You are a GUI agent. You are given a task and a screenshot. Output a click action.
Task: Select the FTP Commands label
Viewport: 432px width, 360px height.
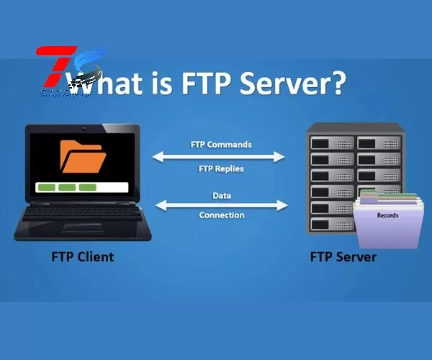(220, 144)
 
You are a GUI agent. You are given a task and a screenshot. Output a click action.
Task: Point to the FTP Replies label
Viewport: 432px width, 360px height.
(220, 168)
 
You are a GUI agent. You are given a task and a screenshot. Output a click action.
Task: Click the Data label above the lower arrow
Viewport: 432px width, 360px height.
(221, 195)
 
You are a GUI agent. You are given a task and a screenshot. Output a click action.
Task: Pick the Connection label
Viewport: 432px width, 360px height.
(221, 215)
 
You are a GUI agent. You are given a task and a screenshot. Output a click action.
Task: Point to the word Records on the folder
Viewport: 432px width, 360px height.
(387, 215)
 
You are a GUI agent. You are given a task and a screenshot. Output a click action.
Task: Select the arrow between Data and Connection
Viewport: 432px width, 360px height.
(221, 205)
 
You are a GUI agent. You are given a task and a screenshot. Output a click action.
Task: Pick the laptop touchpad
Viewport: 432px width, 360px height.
(81, 230)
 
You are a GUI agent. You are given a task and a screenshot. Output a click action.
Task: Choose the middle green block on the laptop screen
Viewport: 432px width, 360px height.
(67, 188)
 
